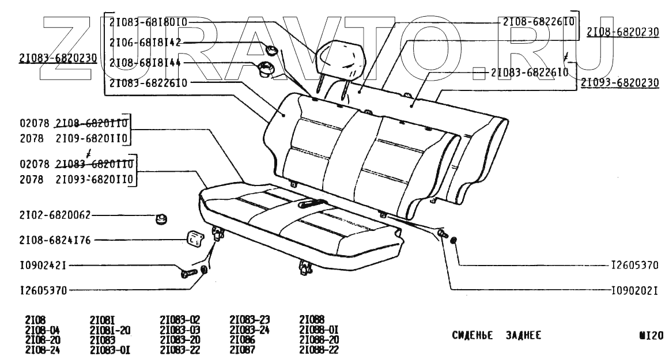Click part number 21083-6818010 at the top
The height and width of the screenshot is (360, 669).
pyautogui.click(x=148, y=22)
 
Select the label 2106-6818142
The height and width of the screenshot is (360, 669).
pyautogui.click(x=145, y=42)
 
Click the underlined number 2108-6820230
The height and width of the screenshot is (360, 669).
pyautogui.click(x=622, y=32)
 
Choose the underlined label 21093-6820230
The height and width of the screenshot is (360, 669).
pyautogui.click(x=619, y=83)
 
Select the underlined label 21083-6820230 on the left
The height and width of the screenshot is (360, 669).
pyautogui.click(x=58, y=58)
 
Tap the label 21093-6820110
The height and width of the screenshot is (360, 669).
pyautogui.click(x=95, y=180)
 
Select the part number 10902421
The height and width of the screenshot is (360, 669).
pyautogui.click(x=43, y=266)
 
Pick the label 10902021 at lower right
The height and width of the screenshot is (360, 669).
pyautogui.click(x=634, y=290)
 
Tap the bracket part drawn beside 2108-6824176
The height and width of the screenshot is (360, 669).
pyautogui.click(x=194, y=238)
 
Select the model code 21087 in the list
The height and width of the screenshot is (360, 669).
pyautogui.click(x=242, y=349)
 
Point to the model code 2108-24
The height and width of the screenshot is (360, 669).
pyautogui.click(x=43, y=349)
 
